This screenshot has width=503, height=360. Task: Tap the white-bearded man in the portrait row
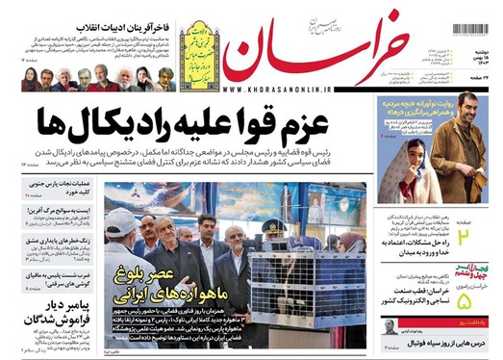[123, 78]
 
